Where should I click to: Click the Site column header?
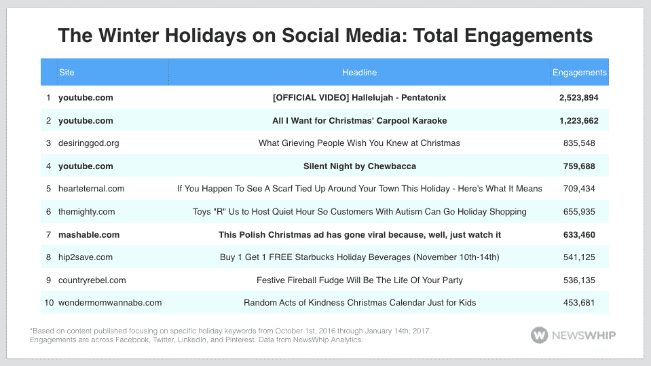pos(67,73)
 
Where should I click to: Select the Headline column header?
pos(359,73)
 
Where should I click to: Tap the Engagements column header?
pos(579,73)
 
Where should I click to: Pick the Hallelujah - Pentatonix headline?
pos(359,98)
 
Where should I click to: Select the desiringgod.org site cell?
pos(88,143)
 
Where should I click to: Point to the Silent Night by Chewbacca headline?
pos(359,166)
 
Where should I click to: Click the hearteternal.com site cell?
pos(91,189)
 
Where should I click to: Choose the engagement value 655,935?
pos(579,212)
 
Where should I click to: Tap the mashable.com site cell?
pos(88,235)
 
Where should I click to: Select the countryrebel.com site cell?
pos(92,280)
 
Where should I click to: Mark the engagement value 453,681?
pos(579,303)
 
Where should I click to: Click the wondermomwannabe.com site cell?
pos(109,303)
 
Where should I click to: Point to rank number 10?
pos(48,303)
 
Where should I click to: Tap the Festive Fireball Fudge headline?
pos(359,280)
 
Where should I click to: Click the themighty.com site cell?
pos(86,212)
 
